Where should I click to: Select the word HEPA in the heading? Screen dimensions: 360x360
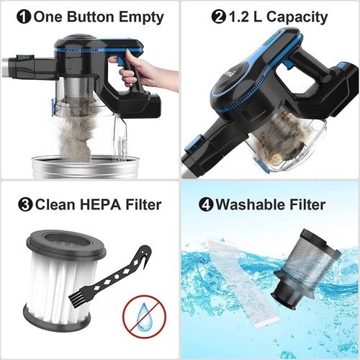point(91,204)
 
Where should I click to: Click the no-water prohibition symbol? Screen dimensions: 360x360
point(143,315)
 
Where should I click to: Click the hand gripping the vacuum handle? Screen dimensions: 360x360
point(147,72)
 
